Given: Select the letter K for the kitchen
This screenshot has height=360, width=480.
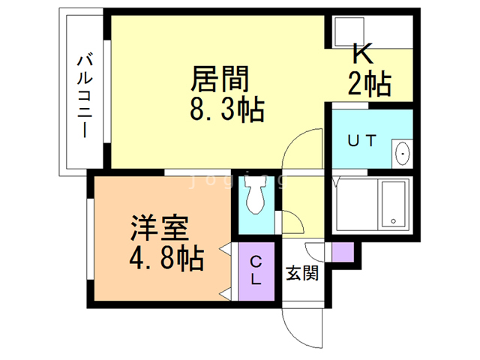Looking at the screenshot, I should click(362, 54).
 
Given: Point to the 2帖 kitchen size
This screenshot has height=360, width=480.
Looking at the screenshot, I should click(370, 84).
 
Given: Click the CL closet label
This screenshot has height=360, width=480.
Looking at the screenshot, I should click(256, 270).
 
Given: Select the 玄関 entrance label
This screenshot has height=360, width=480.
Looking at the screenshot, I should click(302, 273).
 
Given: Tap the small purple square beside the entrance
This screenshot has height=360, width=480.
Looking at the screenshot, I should click(342, 253).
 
